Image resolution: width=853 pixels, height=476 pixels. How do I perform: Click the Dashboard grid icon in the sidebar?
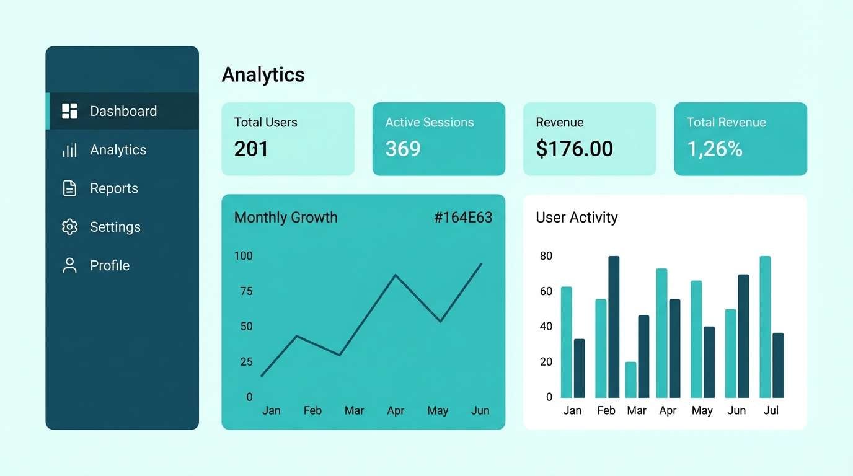click(69, 111)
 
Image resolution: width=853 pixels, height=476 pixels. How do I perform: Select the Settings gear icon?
click(69, 227)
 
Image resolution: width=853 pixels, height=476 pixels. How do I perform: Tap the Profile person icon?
click(69, 265)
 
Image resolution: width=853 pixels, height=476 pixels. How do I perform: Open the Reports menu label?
click(114, 188)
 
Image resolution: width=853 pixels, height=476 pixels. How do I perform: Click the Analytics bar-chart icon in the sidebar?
click(69, 150)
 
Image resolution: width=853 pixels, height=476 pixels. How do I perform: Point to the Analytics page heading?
click(263, 74)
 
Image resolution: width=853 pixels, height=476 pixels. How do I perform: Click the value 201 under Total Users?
click(251, 149)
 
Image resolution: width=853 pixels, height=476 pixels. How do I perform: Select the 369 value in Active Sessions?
click(403, 149)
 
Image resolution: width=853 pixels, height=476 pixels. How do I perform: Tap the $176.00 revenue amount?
click(574, 149)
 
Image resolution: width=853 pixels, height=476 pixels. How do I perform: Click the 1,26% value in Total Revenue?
click(715, 149)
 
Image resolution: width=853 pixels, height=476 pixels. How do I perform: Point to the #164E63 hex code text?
click(463, 218)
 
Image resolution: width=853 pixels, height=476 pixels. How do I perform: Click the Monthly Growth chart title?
click(286, 218)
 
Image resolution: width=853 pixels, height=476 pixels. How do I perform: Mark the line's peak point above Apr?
click(396, 275)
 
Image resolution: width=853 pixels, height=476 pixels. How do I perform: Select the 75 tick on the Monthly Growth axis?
click(246, 291)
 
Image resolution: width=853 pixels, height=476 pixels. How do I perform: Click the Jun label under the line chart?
click(480, 410)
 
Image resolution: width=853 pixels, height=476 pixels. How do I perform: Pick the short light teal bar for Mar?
click(630, 379)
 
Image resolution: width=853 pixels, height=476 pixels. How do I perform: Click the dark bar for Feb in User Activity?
click(614, 327)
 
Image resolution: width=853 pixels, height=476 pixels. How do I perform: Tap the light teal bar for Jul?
click(765, 327)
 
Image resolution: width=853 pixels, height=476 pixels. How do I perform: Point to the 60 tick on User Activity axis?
click(546, 291)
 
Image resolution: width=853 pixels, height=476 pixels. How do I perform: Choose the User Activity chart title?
click(577, 218)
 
